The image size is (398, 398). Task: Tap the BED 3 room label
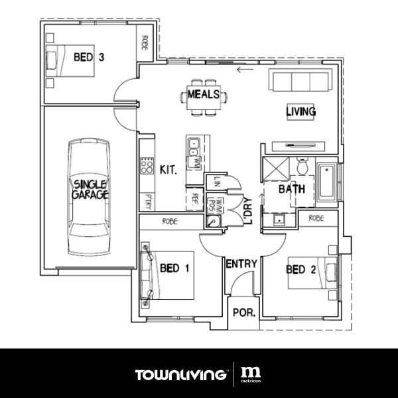[x=89, y=57]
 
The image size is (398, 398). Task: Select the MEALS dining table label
[x=203, y=94]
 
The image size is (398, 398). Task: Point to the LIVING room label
[x=300, y=111]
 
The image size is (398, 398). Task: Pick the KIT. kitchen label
[x=168, y=170]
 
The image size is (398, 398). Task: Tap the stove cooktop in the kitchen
[x=146, y=164]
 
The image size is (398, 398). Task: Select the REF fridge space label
[x=195, y=198]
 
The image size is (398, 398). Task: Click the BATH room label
[x=291, y=189]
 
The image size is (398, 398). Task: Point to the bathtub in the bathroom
[x=328, y=182]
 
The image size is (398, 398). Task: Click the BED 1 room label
[x=175, y=269]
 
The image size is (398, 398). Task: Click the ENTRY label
[x=241, y=264]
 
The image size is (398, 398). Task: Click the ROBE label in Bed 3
[x=144, y=43]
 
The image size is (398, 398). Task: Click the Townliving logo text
[x=180, y=375]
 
